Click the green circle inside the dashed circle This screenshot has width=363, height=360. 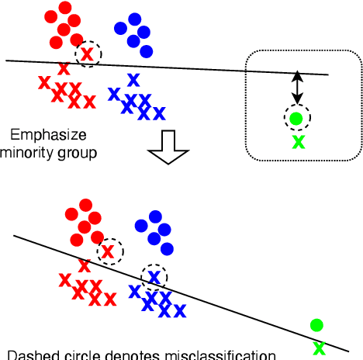click(x=296, y=119)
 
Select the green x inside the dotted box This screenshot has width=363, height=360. click(x=298, y=141)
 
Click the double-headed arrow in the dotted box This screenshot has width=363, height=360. click(x=296, y=88)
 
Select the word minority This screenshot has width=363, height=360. click(x=29, y=152)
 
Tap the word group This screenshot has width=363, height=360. click(x=78, y=153)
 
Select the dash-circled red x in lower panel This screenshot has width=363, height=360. click(x=108, y=250)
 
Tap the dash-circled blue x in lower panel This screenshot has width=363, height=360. click(x=154, y=275)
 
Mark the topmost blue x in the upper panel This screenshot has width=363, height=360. click(x=133, y=79)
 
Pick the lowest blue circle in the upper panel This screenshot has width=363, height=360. click(x=145, y=51)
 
